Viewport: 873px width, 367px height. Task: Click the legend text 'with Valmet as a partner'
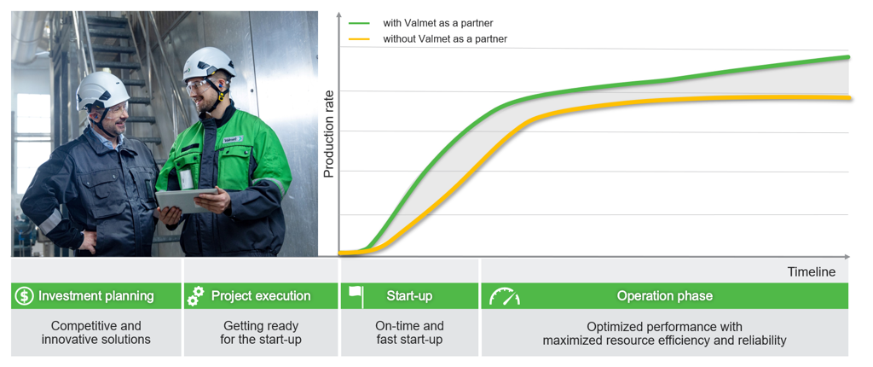click(437, 23)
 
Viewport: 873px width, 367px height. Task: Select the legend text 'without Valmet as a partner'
click(445, 39)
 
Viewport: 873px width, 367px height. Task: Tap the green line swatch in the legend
click(359, 23)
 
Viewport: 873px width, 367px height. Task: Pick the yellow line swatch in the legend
click(359, 39)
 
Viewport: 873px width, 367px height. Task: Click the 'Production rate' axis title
click(328, 133)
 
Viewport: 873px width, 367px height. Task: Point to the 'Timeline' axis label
click(812, 272)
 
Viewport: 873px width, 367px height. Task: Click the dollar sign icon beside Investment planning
click(25, 296)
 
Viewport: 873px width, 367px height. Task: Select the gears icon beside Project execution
click(195, 296)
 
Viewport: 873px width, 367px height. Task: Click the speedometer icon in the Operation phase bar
click(505, 296)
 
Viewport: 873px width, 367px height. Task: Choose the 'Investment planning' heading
click(95, 295)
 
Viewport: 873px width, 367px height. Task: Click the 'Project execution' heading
click(261, 295)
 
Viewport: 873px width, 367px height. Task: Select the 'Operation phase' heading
click(664, 295)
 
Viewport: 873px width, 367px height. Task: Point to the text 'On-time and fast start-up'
click(409, 332)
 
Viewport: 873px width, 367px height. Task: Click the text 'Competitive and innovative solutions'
click(95, 332)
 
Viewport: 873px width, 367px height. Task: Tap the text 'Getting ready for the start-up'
click(261, 332)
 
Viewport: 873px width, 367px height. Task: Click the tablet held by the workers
click(187, 201)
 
